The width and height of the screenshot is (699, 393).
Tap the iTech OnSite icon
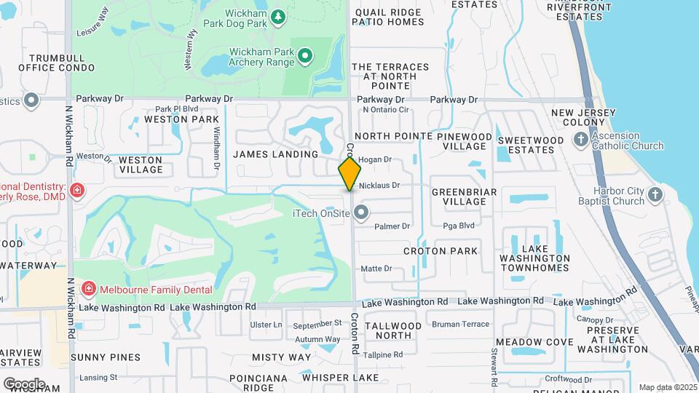[x=361, y=213]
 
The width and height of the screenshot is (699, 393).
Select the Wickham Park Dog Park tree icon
[x=277, y=17]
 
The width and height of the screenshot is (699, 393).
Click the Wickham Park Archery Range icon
[x=306, y=56]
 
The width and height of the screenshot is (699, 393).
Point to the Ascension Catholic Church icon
[x=580, y=140]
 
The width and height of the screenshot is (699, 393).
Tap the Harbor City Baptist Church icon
[x=655, y=194]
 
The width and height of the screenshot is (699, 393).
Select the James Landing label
[x=275, y=154]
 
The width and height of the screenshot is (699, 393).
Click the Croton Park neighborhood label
[x=441, y=251]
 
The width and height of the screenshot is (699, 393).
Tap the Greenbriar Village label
[x=465, y=196]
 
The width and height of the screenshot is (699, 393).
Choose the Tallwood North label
[x=392, y=330]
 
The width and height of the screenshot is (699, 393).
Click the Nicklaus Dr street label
[x=380, y=186]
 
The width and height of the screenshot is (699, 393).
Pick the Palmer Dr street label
[x=392, y=226]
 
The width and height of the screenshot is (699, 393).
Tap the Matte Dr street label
[x=376, y=269]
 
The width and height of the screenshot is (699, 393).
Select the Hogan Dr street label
[x=375, y=159]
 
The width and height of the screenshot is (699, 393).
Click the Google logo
[x=24, y=384]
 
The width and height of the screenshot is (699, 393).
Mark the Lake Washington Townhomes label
[x=534, y=258]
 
